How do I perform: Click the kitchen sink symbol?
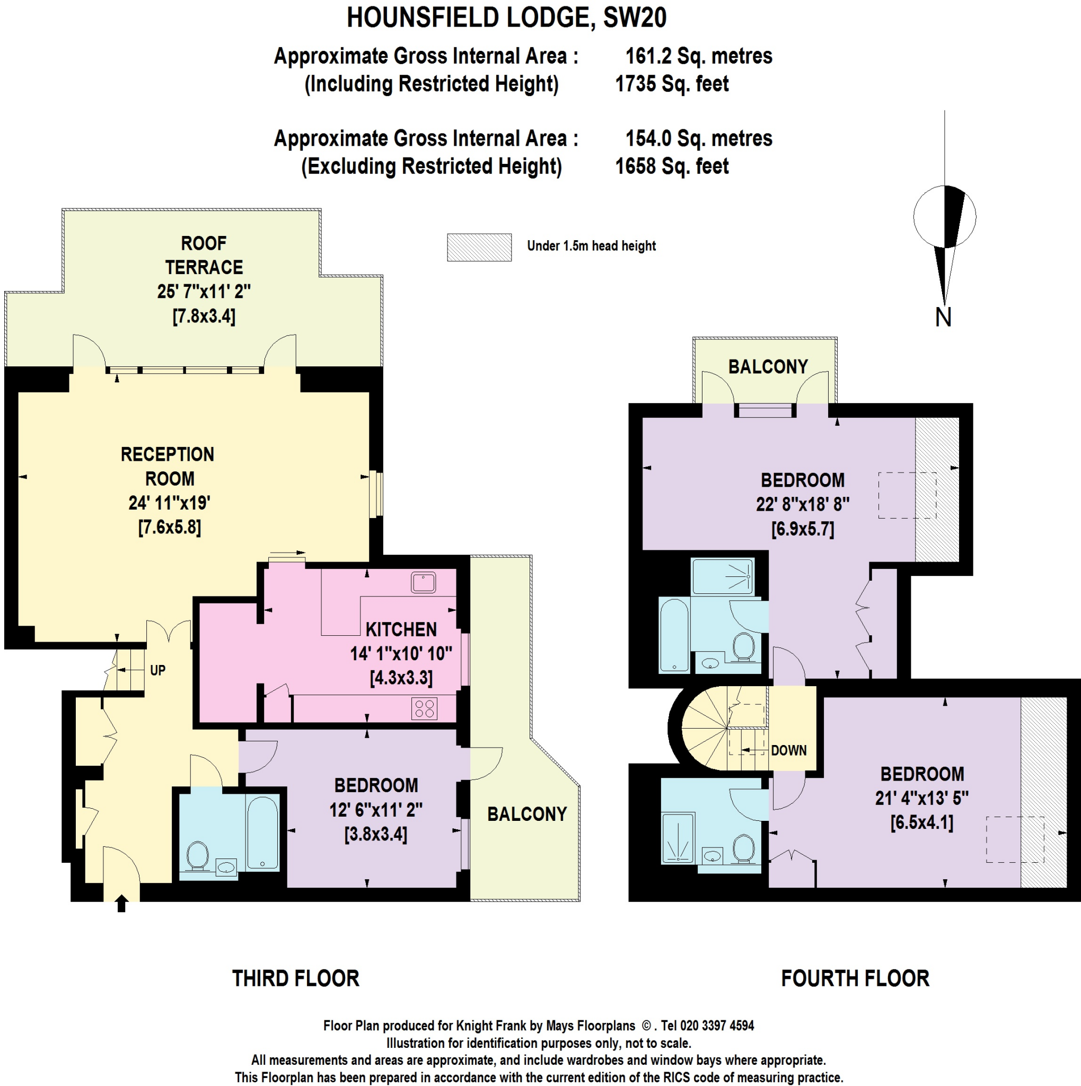(x=423, y=582)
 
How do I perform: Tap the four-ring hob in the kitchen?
(x=424, y=709)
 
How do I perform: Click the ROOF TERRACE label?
(x=204, y=255)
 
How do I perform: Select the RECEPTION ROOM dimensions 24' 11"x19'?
(x=169, y=503)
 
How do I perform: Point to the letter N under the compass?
(x=943, y=318)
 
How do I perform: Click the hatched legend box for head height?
(x=479, y=247)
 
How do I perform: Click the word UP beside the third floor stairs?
(x=157, y=670)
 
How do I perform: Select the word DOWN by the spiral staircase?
(x=789, y=750)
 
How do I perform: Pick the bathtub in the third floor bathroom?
(x=262, y=832)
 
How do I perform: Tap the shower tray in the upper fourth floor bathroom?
(x=723, y=576)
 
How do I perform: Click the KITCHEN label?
(x=401, y=629)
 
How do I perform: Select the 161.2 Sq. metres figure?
(x=699, y=56)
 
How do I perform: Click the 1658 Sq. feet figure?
(x=672, y=167)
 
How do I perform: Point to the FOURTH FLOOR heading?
(x=855, y=979)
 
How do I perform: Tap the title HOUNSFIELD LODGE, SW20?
(x=506, y=18)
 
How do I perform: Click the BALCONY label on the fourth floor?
(x=768, y=366)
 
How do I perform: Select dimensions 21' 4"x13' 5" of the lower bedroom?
(x=922, y=798)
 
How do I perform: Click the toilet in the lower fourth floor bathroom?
(x=744, y=848)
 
